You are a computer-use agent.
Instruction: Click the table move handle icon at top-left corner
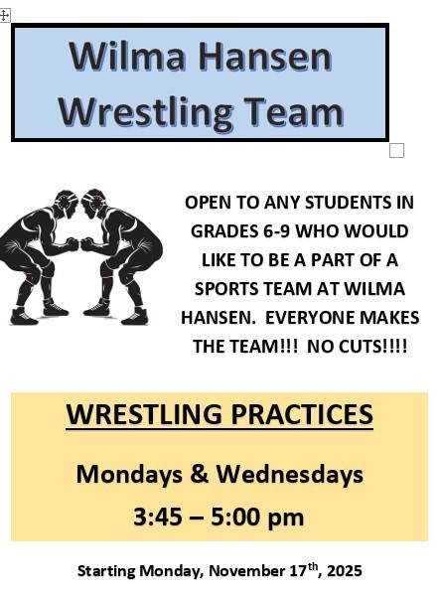pos(5,15)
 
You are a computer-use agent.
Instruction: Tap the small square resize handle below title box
pos(396,150)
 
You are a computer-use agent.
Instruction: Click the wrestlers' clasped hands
pos(79,243)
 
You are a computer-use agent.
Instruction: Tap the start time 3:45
pos(162,517)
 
